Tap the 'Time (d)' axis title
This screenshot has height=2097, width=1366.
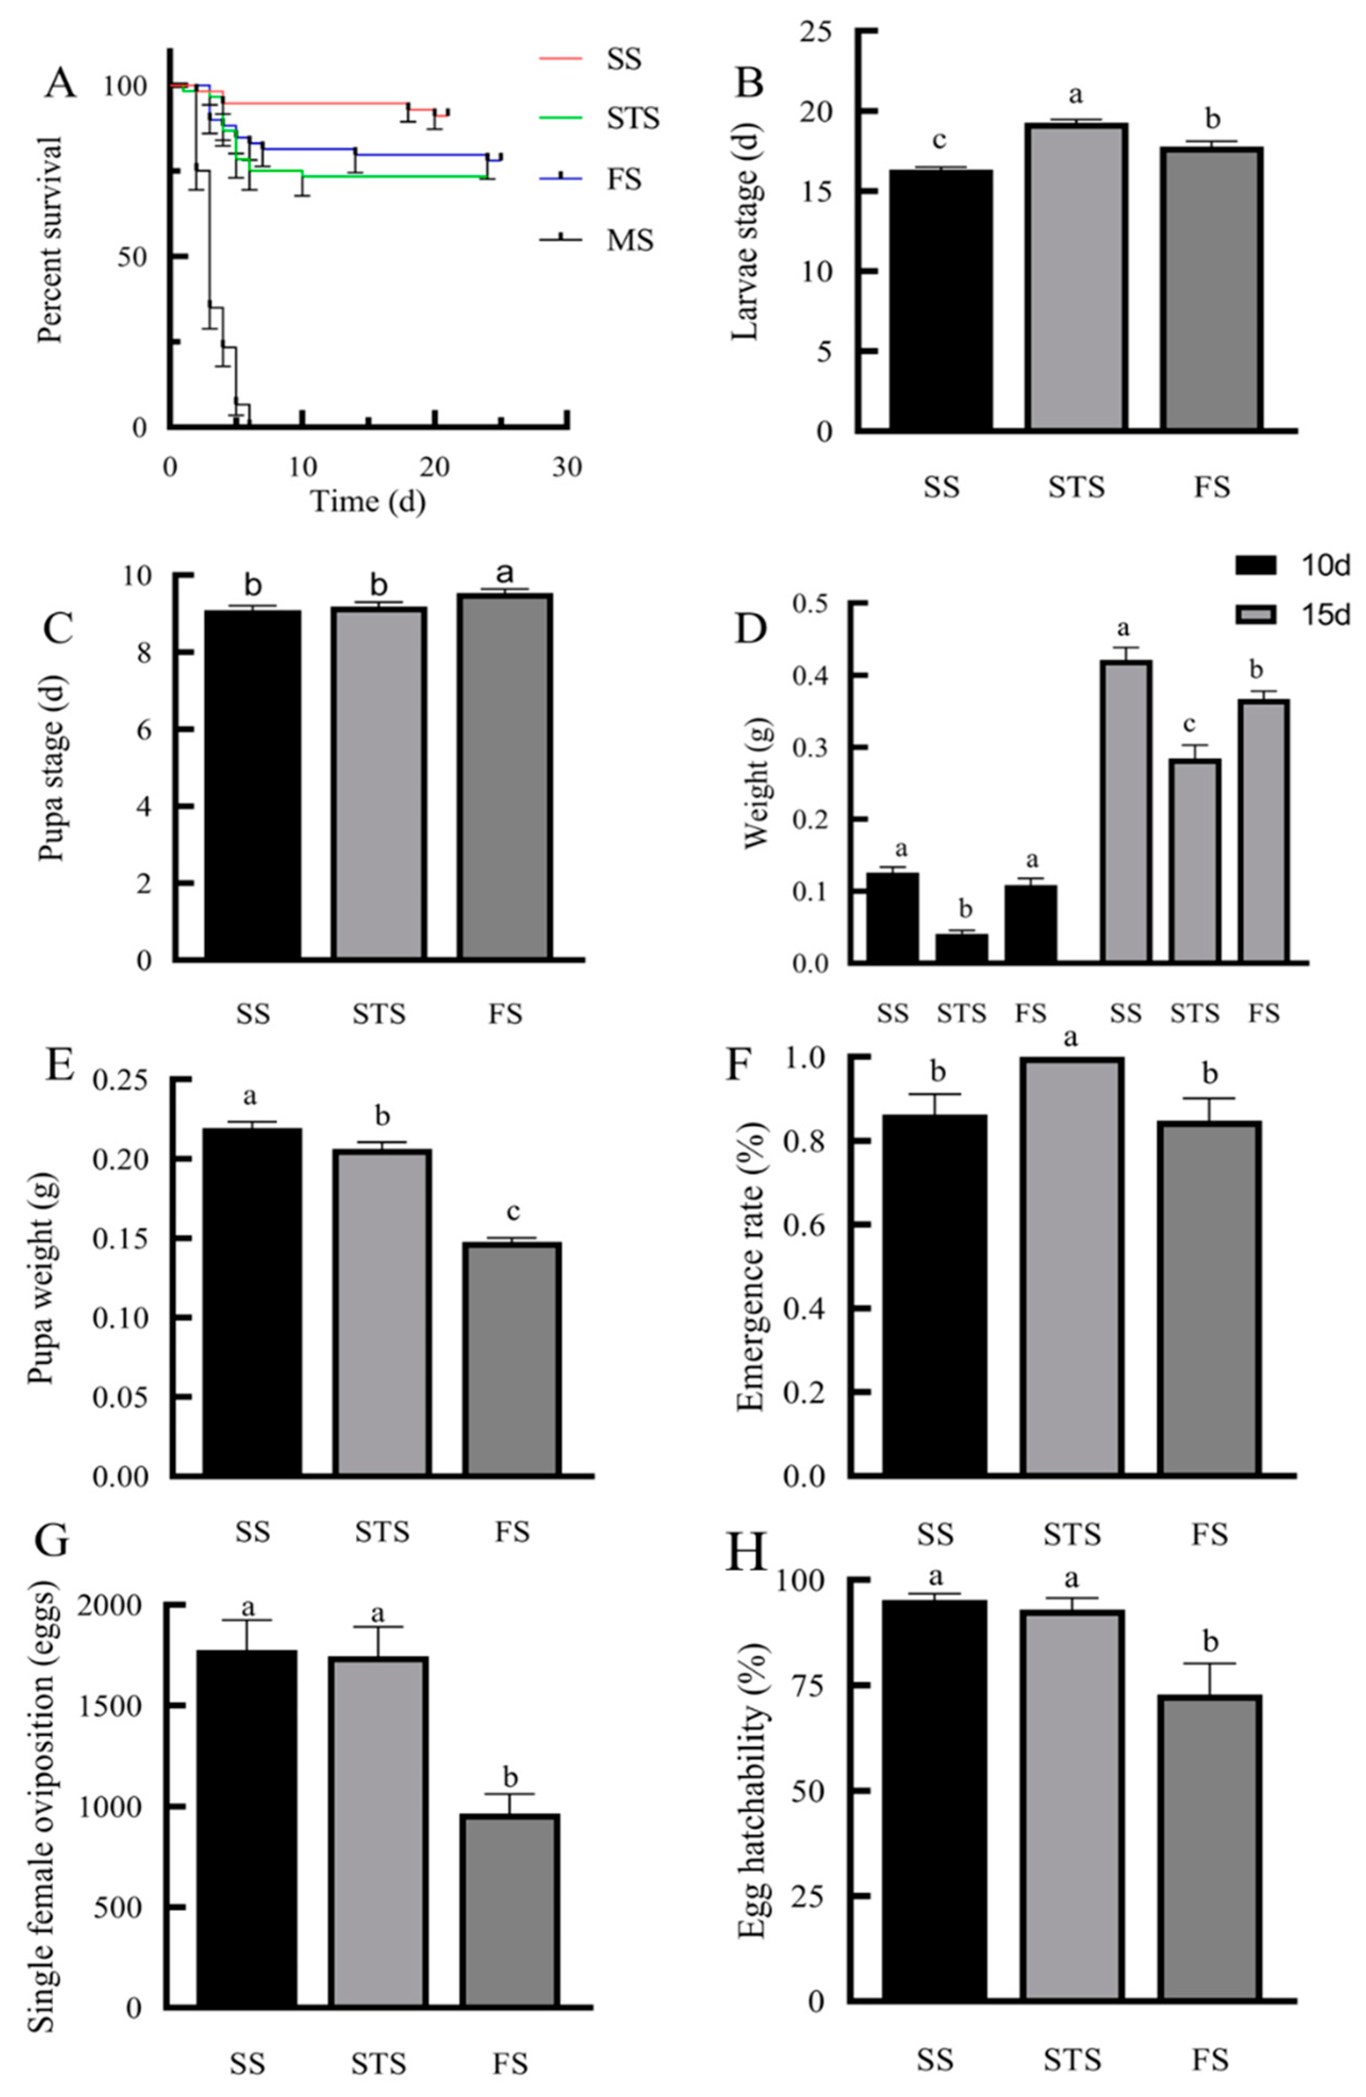point(368,502)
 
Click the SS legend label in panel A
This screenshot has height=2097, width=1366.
point(624,60)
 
